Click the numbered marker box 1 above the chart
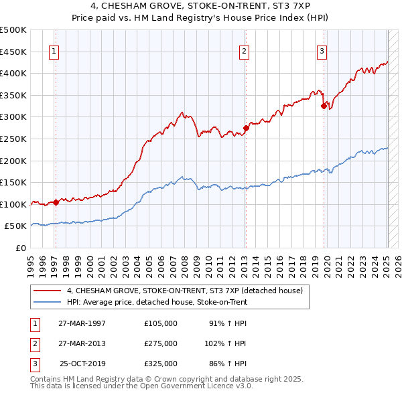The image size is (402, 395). pos(54,51)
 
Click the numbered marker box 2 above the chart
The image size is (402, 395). pos(245,51)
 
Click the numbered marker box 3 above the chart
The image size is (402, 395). pos(322,51)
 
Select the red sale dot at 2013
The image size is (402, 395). pos(246,128)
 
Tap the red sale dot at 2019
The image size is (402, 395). pos(324,106)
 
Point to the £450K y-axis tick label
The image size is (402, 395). pos(13,52)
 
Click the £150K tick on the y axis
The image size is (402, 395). pos(13,182)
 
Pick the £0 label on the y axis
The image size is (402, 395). pos(21,248)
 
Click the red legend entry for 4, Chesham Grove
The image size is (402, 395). pos(184,291)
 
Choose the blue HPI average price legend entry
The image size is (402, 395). pos(157,302)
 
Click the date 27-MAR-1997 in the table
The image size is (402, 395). pos(82,323)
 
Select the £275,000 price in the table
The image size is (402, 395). pos(161,343)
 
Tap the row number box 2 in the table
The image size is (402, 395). pos(33,343)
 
